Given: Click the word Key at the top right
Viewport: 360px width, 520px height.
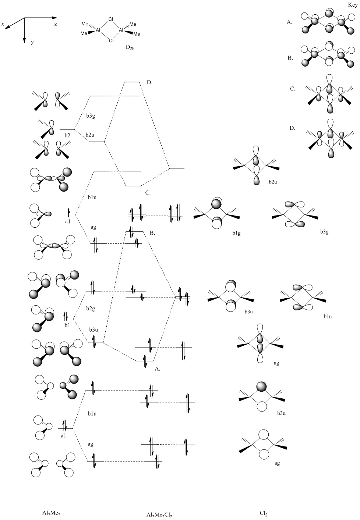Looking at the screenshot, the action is [353, 5].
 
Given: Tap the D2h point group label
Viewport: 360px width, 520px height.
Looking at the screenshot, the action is [130, 47].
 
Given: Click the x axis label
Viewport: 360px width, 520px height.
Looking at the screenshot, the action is [3, 24].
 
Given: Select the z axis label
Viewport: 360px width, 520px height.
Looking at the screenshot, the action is [56, 24].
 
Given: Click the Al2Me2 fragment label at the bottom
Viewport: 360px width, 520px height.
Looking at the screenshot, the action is [52, 513].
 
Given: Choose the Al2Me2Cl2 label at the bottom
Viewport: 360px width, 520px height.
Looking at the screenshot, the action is [159, 515].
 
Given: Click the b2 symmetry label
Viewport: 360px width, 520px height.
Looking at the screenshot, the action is [67, 135].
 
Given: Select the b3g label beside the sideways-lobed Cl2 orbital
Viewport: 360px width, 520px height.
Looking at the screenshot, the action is [324, 231].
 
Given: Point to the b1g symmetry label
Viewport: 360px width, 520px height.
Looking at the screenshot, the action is [236, 233].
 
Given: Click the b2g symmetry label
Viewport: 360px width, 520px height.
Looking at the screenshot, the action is [91, 308].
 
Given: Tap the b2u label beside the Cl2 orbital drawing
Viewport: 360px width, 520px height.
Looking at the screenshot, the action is [273, 182].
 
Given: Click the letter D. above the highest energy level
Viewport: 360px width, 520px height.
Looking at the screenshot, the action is [149, 82].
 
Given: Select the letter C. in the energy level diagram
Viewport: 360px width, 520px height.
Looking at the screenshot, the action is [148, 193].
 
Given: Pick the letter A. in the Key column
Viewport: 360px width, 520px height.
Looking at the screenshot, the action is [289, 22].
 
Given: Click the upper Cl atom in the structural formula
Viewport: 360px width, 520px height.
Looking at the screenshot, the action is [111, 19].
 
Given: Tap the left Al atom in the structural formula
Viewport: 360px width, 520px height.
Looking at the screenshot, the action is [98, 30].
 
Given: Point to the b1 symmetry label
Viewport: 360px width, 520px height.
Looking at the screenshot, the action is [67, 325].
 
